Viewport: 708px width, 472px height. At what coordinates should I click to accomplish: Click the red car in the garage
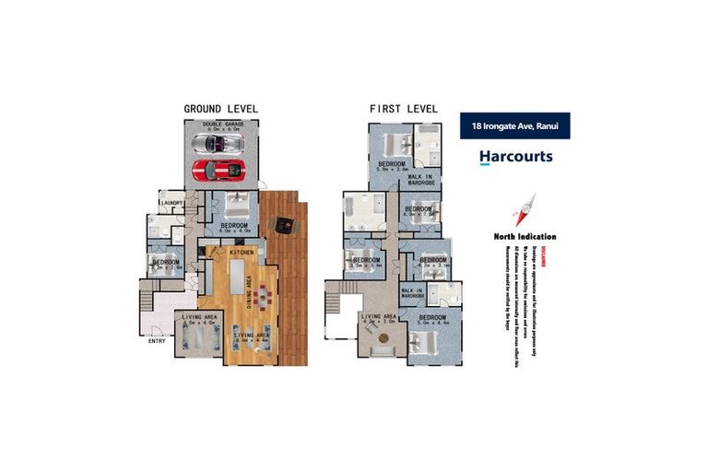(x=218, y=170)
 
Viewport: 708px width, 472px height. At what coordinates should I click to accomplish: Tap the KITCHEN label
(x=242, y=252)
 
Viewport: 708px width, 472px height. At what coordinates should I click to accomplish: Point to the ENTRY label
(x=158, y=341)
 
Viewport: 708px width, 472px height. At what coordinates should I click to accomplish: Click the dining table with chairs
(x=263, y=297)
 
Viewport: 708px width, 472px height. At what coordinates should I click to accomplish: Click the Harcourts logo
(x=515, y=157)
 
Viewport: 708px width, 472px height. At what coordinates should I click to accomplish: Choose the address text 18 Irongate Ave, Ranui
(x=514, y=126)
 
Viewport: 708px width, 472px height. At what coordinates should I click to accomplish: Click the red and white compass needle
(x=525, y=210)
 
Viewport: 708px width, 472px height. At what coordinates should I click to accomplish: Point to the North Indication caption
(x=525, y=236)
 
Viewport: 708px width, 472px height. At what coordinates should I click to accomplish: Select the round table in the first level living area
(x=383, y=339)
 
